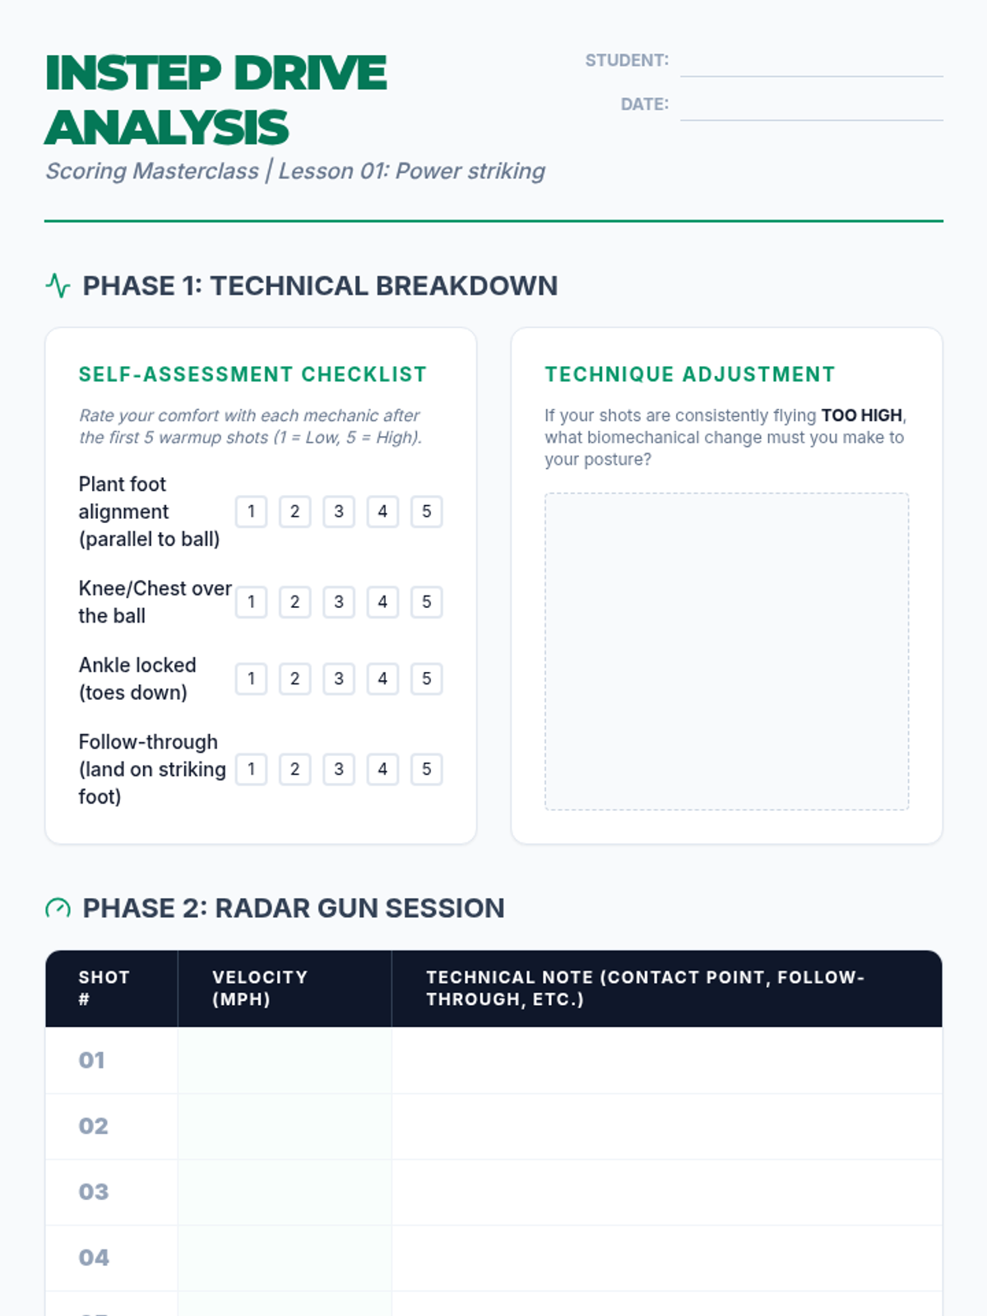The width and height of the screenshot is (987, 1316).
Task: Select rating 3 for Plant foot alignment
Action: pyautogui.click(x=339, y=512)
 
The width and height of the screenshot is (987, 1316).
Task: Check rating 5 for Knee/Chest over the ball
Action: pyautogui.click(x=426, y=602)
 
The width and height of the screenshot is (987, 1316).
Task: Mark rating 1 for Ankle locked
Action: pyautogui.click(x=251, y=679)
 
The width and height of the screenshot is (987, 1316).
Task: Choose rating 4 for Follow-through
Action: pyautogui.click(x=382, y=769)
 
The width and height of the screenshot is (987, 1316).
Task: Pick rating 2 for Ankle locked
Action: pyautogui.click(x=294, y=679)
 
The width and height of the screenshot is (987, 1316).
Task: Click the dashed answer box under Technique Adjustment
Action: pyautogui.click(x=726, y=651)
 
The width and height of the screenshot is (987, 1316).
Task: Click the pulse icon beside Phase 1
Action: pyautogui.click(x=58, y=285)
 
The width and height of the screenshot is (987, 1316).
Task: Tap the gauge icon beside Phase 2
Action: pyautogui.click(x=58, y=908)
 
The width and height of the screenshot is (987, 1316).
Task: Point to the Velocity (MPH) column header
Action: pyautogui.click(x=260, y=988)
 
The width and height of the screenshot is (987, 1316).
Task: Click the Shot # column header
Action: pyautogui.click(x=104, y=988)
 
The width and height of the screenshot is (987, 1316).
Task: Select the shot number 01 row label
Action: pyautogui.click(x=92, y=1060)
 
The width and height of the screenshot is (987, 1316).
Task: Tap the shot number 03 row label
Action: pyautogui.click(x=93, y=1192)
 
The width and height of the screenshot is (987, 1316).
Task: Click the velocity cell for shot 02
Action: pyautogui.click(x=285, y=1126)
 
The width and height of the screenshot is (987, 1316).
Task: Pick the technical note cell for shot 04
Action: pyautogui.click(x=666, y=1258)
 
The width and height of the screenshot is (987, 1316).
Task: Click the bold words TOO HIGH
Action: pyautogui.click(x=861, y=415)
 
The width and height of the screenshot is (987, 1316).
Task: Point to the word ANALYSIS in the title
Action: pyautogui.click(x=167, y=128)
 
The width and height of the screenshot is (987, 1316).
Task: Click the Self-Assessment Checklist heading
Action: pyautogui.click(x=253, y=374)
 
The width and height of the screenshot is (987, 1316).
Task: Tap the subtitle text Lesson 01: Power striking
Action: pyautogui.click(x=411, y=171)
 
